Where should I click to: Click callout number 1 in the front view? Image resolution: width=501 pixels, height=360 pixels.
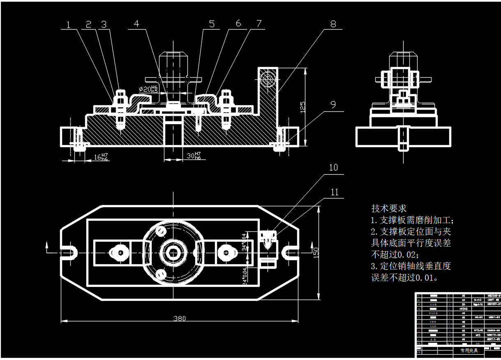tap(68, 24)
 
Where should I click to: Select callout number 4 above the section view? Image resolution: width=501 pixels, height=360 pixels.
tap(136, 24)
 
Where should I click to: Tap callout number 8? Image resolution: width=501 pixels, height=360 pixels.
tap(333, 24)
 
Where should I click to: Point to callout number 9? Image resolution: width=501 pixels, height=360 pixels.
tap(333, 104)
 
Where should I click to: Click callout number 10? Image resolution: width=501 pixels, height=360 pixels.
tap(333, 167)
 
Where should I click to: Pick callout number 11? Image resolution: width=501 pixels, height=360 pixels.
tap(335, 192)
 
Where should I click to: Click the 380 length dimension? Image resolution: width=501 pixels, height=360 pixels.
tap(179, 318)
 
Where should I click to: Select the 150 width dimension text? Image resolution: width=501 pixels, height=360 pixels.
tap(316, 252)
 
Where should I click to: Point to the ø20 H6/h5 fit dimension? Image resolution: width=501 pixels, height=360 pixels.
tap(148, 88)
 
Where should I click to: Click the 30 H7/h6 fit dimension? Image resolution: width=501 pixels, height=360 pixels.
tap(194, 156)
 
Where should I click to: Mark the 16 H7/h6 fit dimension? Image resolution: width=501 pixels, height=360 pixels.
tap(101, 157)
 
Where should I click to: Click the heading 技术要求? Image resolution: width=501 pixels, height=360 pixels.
tap(388, 208)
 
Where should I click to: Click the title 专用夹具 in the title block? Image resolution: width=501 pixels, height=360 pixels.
tap(469, 351)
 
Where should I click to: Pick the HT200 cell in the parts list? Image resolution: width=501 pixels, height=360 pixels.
tap(464, 308)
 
